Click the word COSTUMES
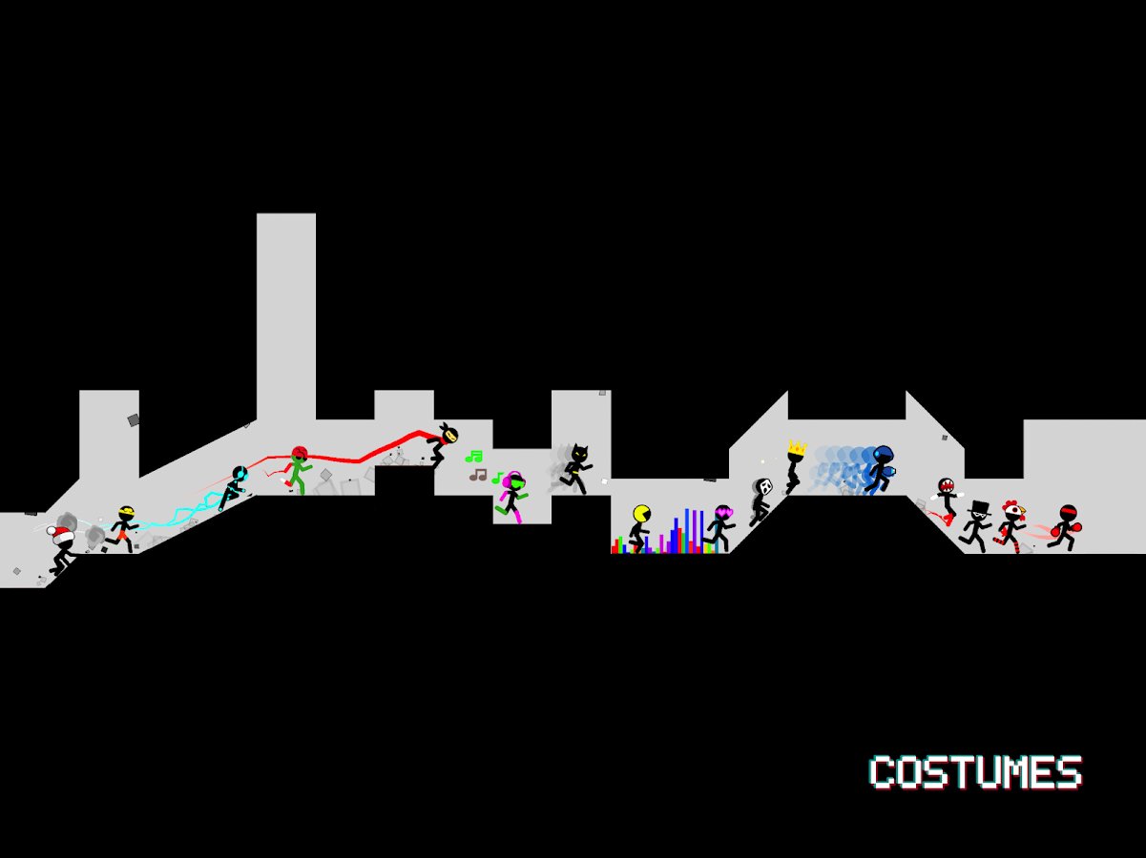975,772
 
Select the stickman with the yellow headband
124,529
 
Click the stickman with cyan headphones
234,486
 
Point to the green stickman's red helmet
299,454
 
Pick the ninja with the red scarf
445,442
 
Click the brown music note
478,474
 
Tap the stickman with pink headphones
513,496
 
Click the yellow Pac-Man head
641,515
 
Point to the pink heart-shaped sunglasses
722,513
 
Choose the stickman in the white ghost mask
761,500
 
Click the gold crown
797,447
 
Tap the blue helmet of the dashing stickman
884,455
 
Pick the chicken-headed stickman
1010,525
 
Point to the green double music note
473,457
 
